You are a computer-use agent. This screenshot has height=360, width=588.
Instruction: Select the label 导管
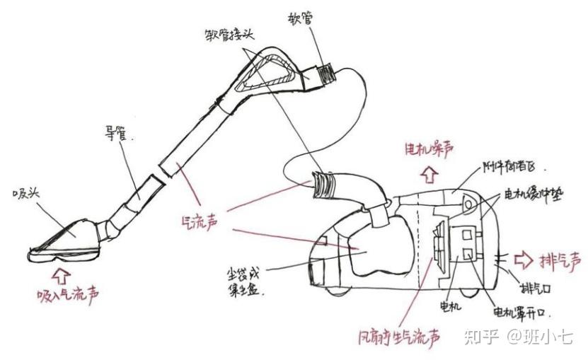click(x=117, y=132)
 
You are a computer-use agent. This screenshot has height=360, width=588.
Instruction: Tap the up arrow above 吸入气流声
click(x=62, y=271)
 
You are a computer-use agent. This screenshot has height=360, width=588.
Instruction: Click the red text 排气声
click(x=561, y=260)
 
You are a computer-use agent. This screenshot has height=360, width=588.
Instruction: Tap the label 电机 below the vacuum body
click(x=450, y=306)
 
